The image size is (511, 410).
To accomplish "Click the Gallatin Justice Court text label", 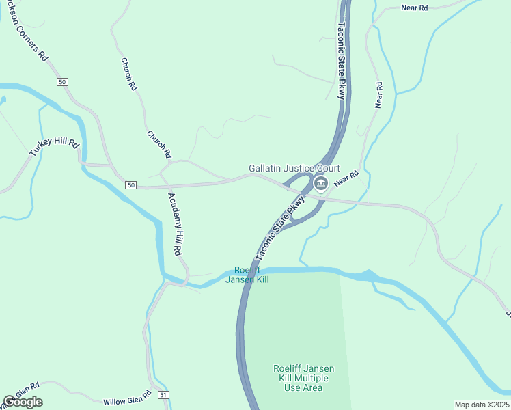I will pos(294,168).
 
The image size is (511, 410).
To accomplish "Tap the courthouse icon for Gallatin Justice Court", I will pos(320,183).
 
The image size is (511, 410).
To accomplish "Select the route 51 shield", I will pos(163,395).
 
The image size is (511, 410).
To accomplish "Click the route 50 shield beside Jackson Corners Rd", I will pos(63,82).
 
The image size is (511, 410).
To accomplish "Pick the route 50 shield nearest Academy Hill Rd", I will pos(131,185).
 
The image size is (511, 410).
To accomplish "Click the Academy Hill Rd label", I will pos(176,223).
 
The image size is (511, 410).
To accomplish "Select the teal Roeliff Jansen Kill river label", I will pos(251,274).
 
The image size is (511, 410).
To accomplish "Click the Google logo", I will pos(23,402).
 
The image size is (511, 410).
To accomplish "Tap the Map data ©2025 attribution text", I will pos(482,405).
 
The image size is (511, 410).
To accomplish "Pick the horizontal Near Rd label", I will pos(414,8).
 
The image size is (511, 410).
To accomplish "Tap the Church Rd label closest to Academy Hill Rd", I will pos(158,144).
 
